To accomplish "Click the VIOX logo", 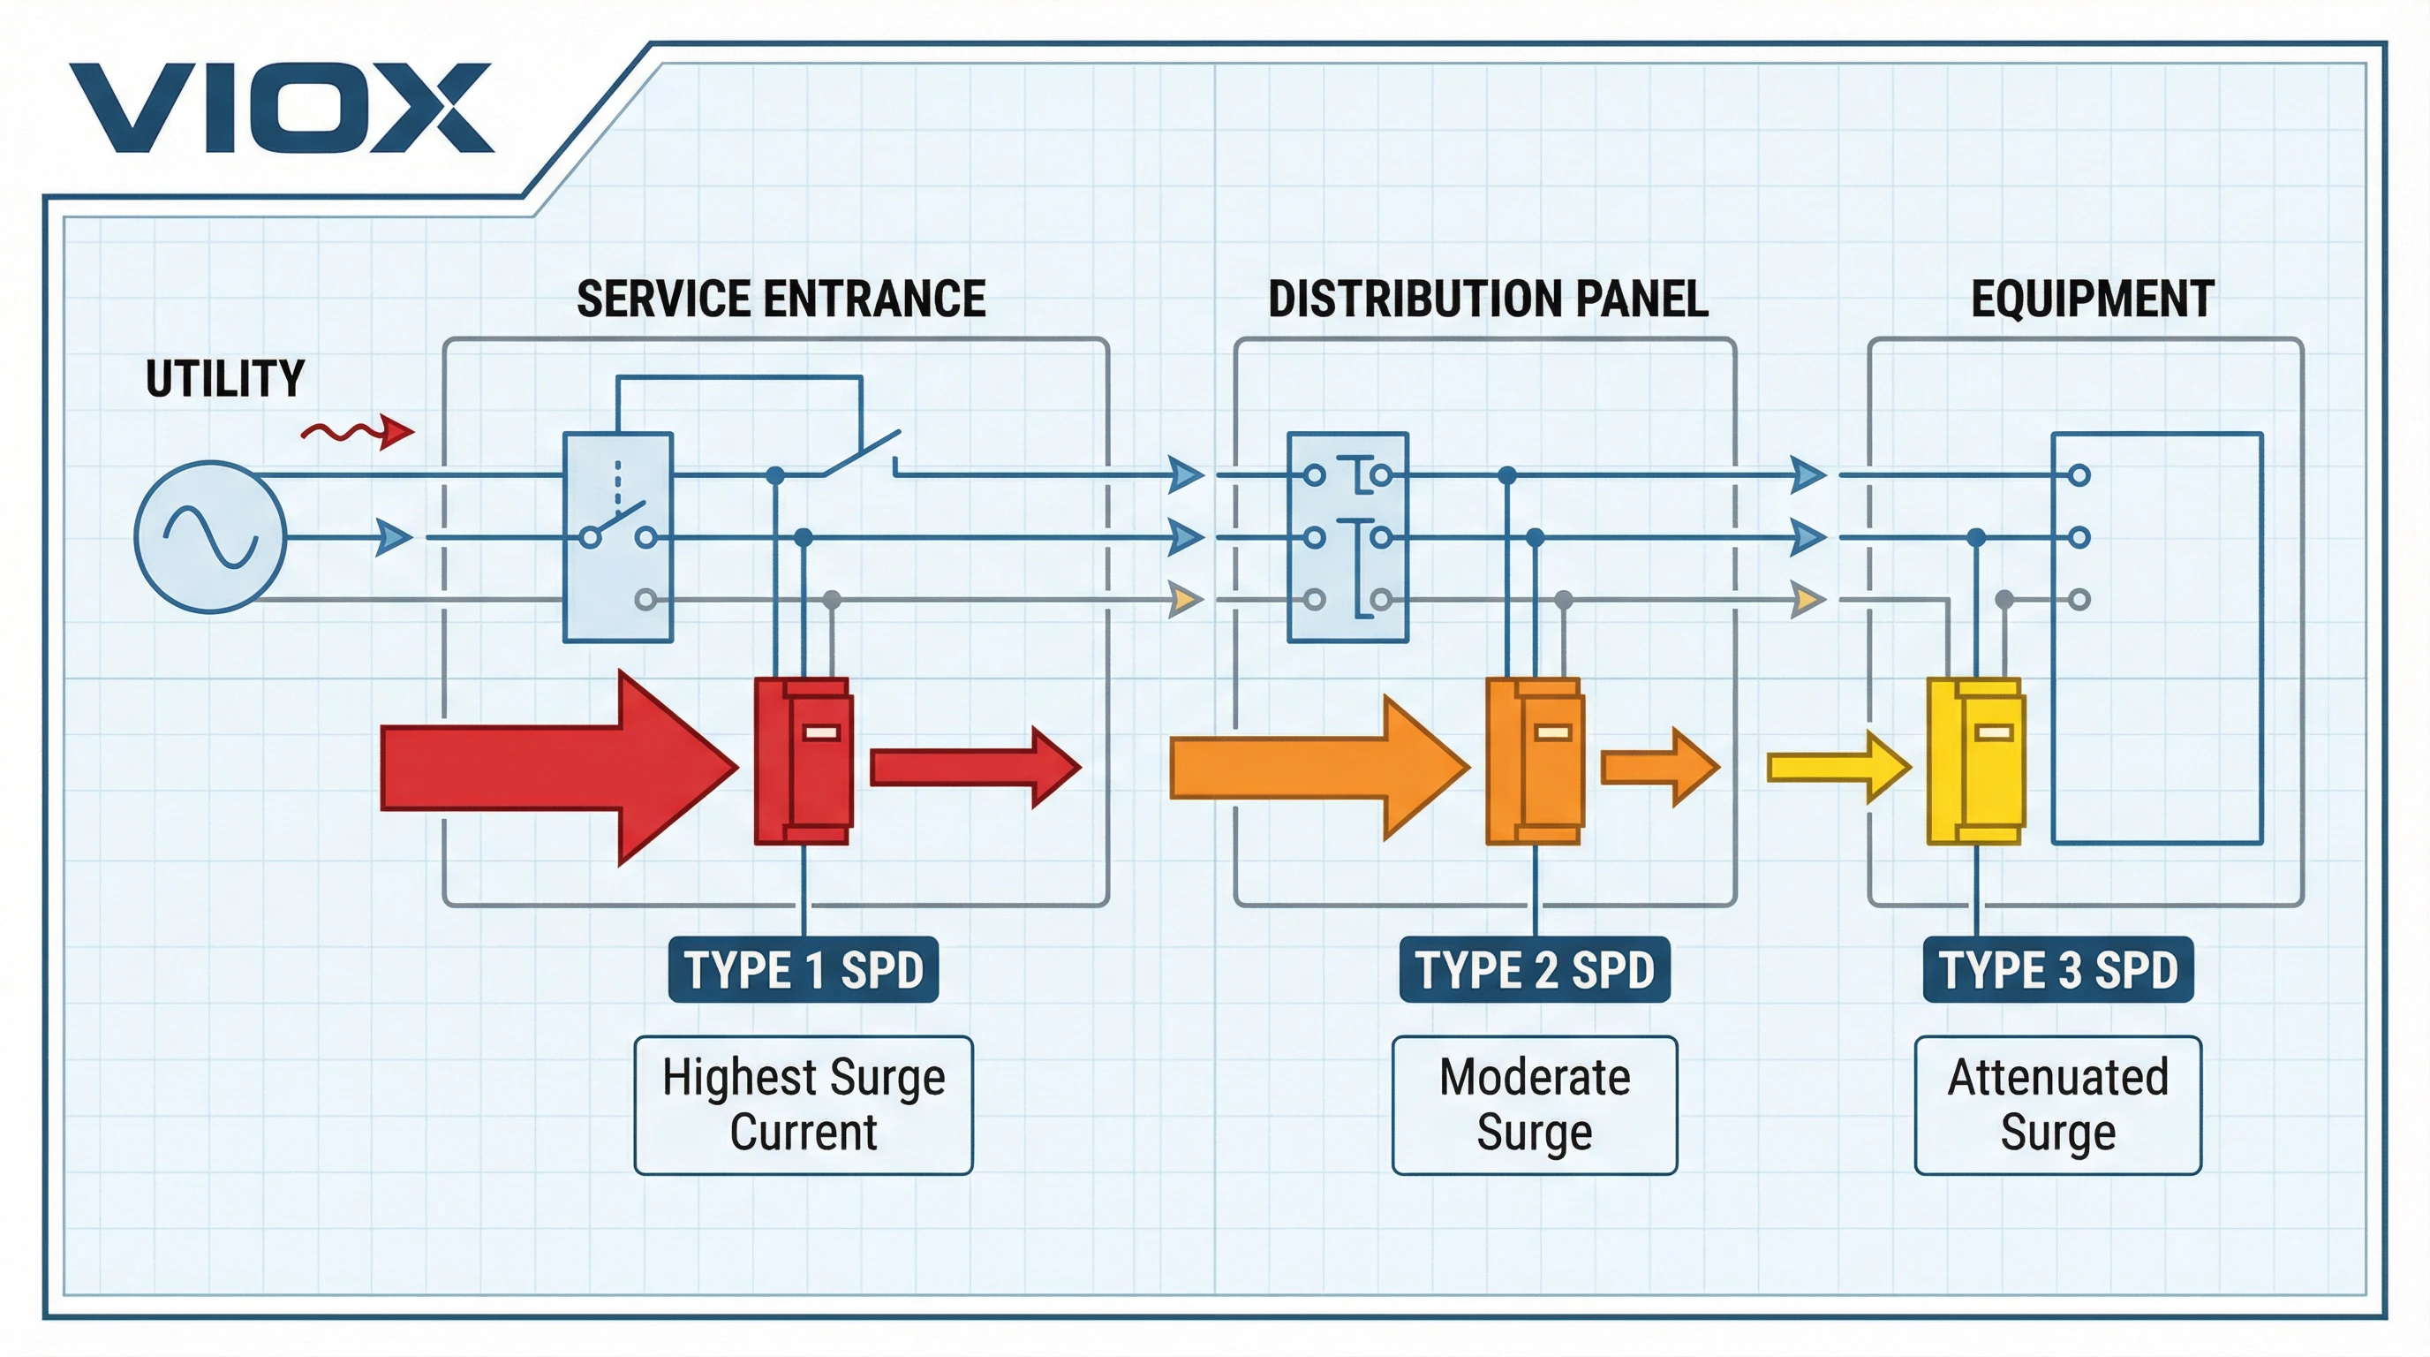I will (x=280, y=109).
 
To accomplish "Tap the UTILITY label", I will (x=224, y=379).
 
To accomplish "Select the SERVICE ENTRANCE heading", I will (x=781, y=299).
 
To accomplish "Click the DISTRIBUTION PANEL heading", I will (x=1488, y=299).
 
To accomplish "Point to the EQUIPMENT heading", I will (x=2093, y=299).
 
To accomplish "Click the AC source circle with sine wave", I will (x=210, y=537).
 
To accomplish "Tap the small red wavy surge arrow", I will (x=358, y=432).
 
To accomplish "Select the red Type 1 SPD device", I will (x=804, y=761).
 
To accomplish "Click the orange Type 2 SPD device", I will (x=1535, y=761).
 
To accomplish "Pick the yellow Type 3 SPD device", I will (x=1975, y=761).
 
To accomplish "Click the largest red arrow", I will (x=556, y=767).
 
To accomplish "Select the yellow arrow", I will (x=1838, y=767).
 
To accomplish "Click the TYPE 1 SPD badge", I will (x=803, y=969).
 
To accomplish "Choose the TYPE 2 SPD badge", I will (x=1535, y=969).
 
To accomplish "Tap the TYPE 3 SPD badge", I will (x=2058, y=969).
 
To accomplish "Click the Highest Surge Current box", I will (x=803, y=1105).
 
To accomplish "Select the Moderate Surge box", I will (x=1535, y=1105).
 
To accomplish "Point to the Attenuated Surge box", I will (x=2058, y=1105).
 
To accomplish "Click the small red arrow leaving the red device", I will (x=975, y=767).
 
